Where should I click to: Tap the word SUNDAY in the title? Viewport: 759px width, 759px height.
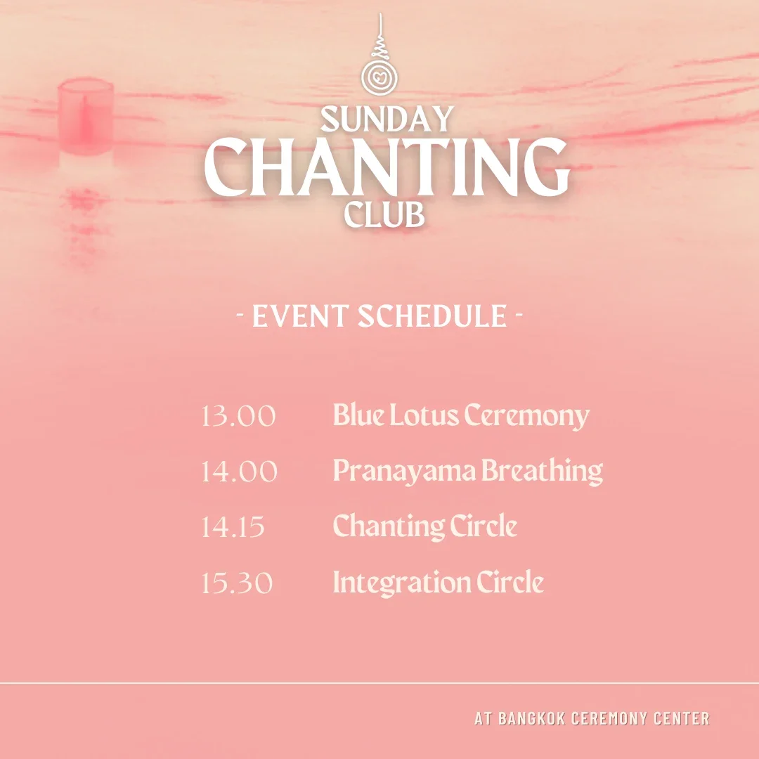pyautogui.click(x=386, y=119)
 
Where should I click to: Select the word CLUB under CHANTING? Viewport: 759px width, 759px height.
pyautogui.click(x=384, y=214)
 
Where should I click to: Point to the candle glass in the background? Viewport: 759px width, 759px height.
pyautogui.click(x=85, y=116)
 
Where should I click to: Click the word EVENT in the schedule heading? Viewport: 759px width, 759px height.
pyautogui.click(x=300, y=316)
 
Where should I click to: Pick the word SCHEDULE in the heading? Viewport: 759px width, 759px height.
pyautogui.click(x=432, y=316)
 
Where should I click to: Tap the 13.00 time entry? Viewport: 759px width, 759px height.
pyautogui.click(x=238, y=416)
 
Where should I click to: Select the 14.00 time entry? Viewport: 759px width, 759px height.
pyautogui.click(x=239, y=471)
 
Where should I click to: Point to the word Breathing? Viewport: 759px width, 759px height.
pyautogui.click(x=543, y=471)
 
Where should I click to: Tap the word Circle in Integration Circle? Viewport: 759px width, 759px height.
pyautogui.click(x=510, y=583)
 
